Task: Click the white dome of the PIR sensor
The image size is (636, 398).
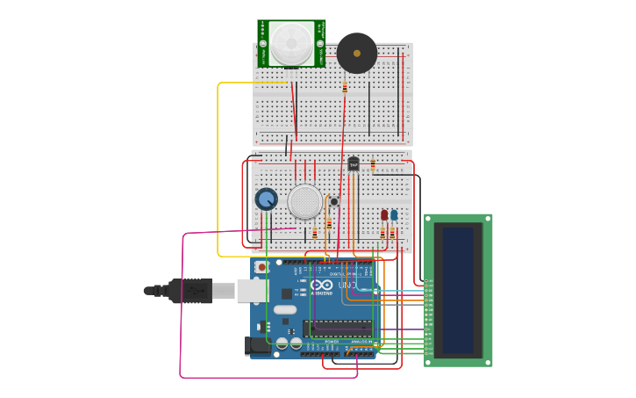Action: click(290, 42)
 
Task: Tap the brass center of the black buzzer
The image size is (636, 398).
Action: click(356, 54)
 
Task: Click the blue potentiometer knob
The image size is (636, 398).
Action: click(266, 199)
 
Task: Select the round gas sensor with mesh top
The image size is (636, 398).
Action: click(304, 201)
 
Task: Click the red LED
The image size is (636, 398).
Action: click(384, 215)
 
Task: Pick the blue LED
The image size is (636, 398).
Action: click(394, 215)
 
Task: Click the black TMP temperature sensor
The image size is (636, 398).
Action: click(354, 163)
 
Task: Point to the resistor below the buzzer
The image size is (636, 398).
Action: click(345, 87)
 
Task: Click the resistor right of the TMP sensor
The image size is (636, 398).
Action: click(373, 164)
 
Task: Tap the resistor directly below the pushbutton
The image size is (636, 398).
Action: click(329, 222)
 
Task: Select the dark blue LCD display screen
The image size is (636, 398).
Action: click(458, 290)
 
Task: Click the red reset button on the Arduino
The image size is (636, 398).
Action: click(261, 266)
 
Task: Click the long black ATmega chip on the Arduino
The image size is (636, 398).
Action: click(338, 329)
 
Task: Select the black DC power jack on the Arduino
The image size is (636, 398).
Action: click(256, 345)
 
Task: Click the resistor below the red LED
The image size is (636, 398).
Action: click(382, 234)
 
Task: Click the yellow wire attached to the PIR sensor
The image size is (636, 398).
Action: click(218, 167)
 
